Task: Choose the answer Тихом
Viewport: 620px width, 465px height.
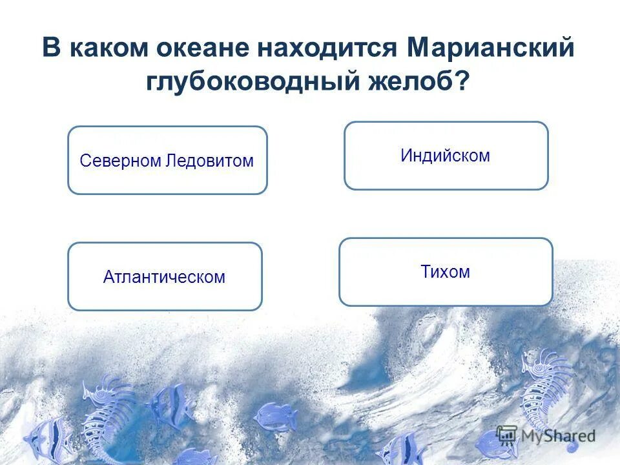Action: click(445, 272)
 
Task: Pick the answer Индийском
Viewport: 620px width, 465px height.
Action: click(445, 156)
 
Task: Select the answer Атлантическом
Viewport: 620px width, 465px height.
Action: click(164, 277)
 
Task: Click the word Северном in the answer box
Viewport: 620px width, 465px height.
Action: click(120, 161)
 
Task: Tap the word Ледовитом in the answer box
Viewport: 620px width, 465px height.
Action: click(209, 161)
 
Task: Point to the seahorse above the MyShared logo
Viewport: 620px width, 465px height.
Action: click(546, 387)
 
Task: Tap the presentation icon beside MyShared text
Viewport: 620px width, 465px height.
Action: click(508, 435)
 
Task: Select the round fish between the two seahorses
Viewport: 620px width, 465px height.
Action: click(274, 417)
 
